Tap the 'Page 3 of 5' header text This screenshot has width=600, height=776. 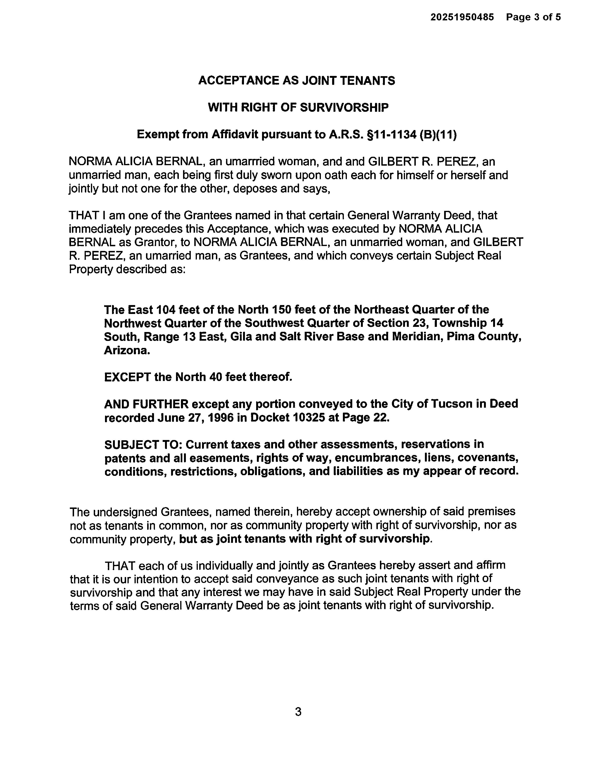[x=533, y=17]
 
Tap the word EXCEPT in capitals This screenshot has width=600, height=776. [x=127, y=377]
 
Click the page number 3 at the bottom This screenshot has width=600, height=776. [x=298, y=712]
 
